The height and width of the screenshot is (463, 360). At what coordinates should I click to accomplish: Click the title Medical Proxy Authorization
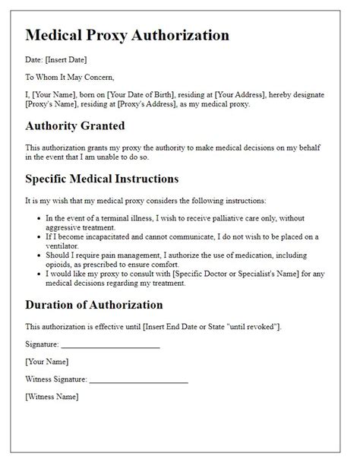tap(128, 35)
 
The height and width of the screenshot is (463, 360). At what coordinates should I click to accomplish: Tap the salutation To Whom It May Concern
tap(71, 77)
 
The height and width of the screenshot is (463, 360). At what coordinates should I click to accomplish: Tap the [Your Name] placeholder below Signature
tap(46, 361)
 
